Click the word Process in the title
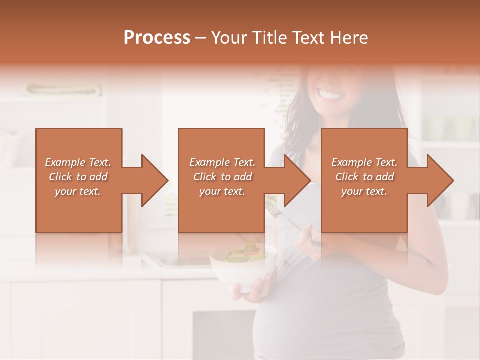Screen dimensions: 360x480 pos(157,37)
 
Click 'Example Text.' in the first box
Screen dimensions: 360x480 pos(78,162)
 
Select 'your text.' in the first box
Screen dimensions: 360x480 pos(78,191)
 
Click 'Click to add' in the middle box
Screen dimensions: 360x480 pos(222,177)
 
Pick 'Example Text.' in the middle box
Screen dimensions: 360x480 pos(222,162)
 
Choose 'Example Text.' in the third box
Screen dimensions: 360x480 pos(364,162)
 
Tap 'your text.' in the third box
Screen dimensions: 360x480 pos(364,191)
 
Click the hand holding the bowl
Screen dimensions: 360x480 pos(256,291)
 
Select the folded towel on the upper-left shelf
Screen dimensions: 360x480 pos(62,90)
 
